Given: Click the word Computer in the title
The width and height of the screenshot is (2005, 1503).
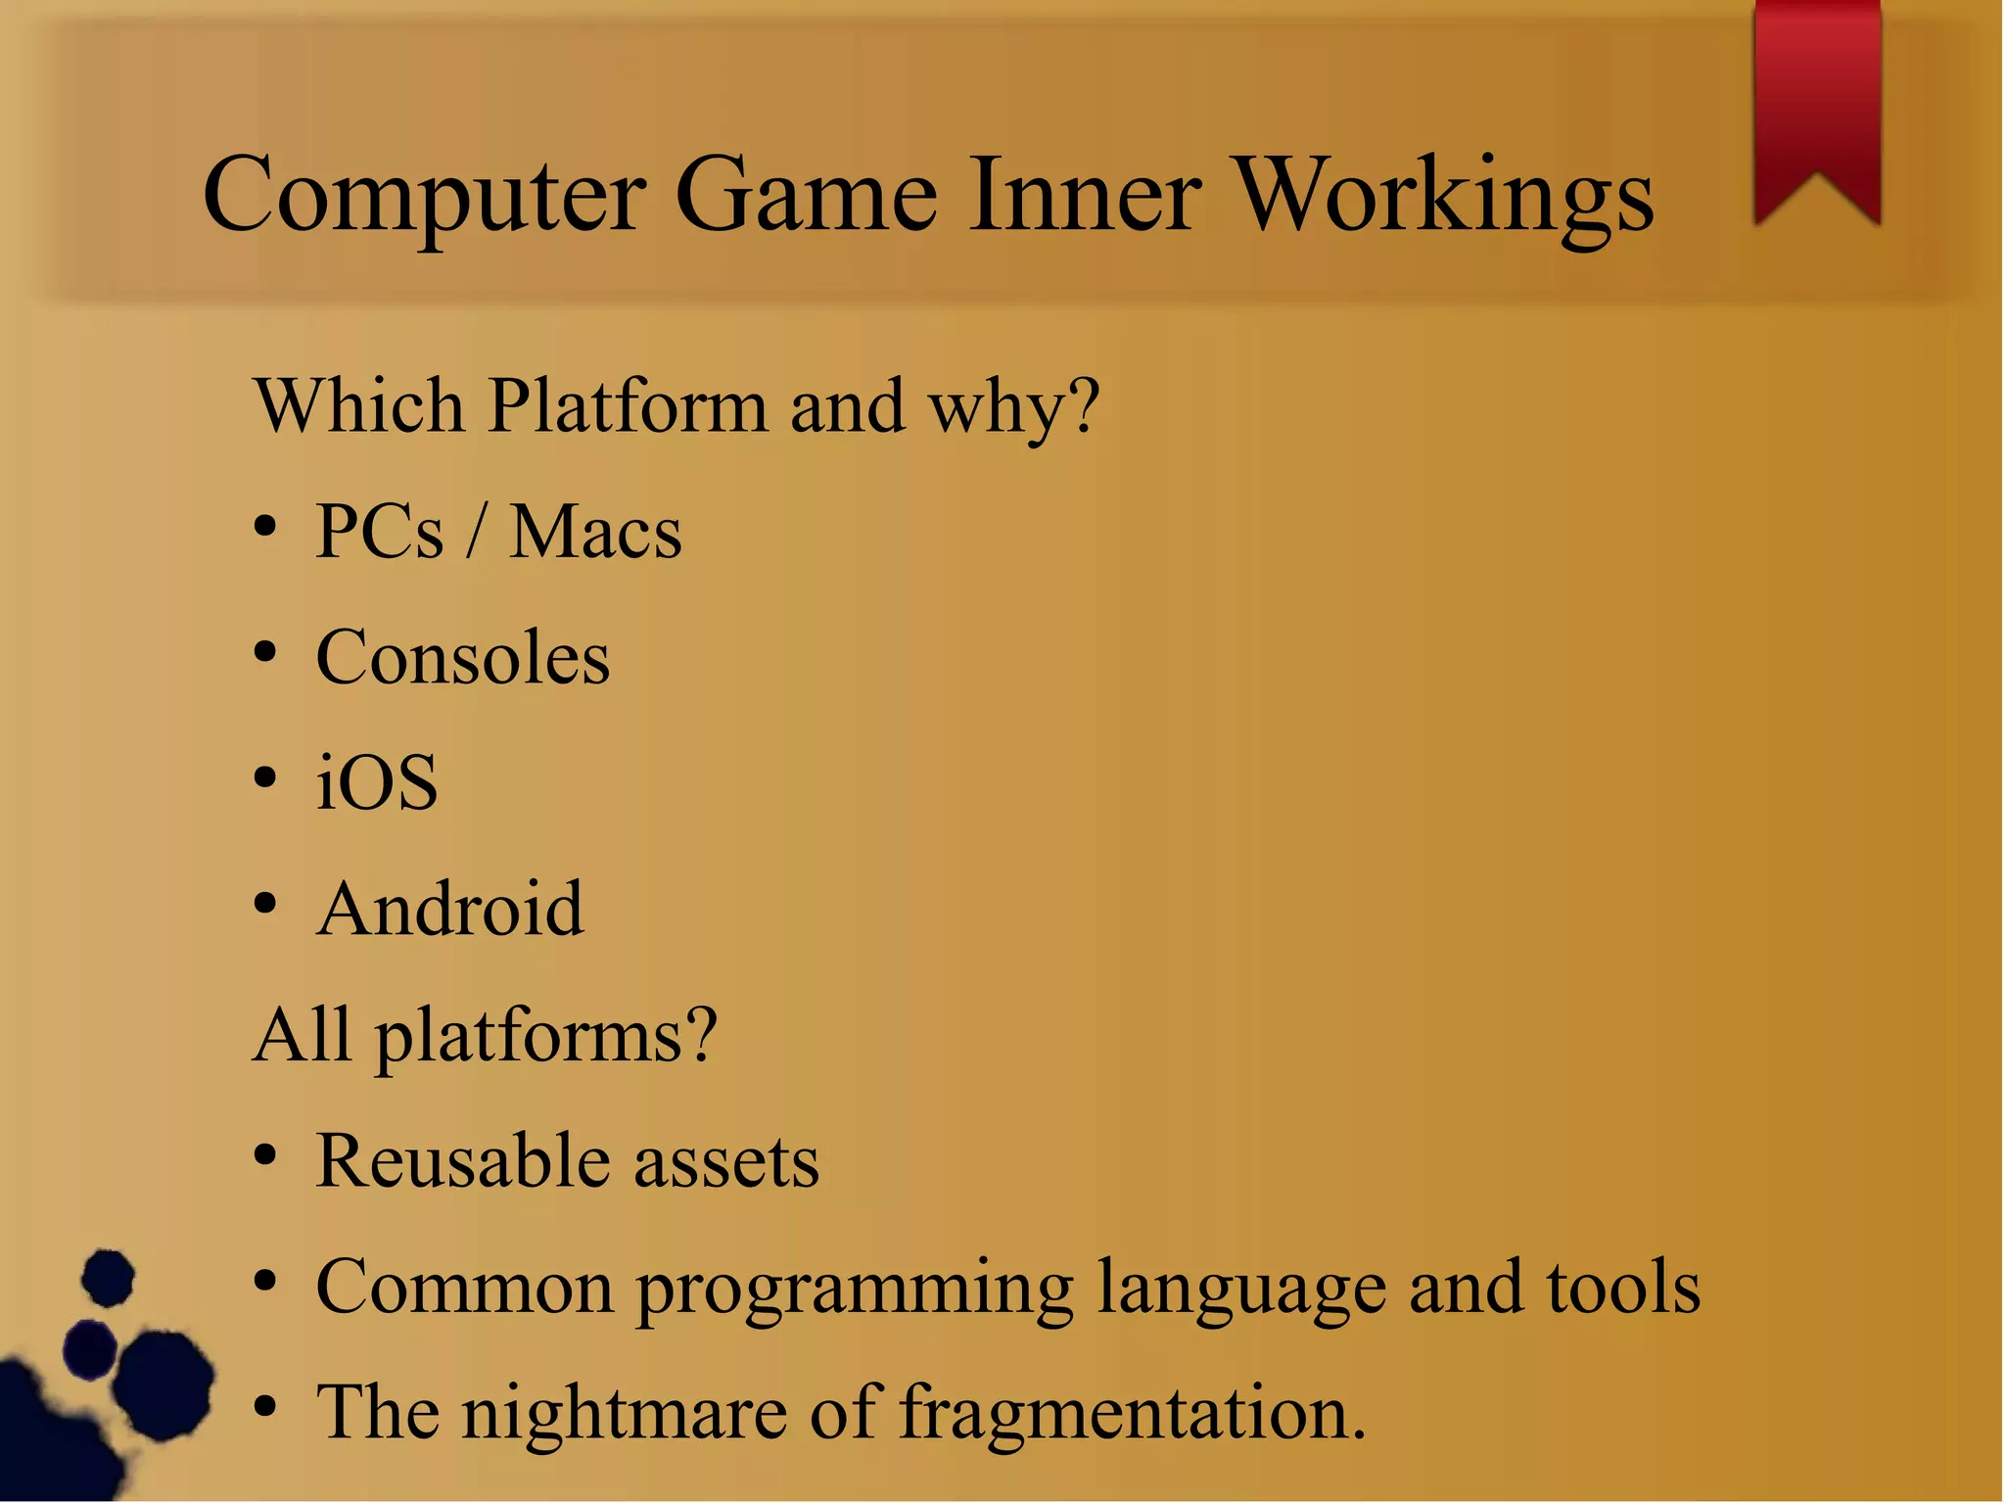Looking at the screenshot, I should click(424, 196).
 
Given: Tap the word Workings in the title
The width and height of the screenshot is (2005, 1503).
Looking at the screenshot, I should click(1443, 196).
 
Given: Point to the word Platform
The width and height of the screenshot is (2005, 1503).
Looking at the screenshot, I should click(628, 405).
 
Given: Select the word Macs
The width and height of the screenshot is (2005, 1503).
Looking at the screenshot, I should click(595, 533).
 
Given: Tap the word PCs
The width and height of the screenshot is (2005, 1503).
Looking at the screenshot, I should click(380, 533).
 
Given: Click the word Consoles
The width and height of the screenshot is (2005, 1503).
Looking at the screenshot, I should click(463, 657).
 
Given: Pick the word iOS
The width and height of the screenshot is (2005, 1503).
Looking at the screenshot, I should click(377, 783).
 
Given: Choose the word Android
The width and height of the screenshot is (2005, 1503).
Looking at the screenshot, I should click(450, 909).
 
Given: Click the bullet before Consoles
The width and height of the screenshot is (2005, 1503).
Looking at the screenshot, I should click(264, 652).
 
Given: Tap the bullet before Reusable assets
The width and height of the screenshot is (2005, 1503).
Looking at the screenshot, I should click(264, 1155).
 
